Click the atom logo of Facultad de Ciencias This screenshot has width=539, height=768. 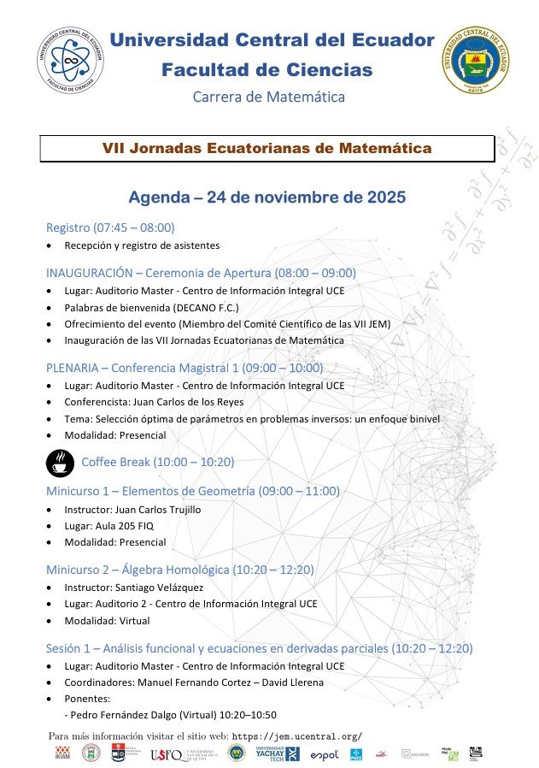pos(69,61)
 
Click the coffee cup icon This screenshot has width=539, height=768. pos(59,463)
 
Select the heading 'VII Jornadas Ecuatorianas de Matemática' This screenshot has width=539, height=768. pos(267,148)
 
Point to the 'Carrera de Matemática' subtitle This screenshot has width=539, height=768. pos(269,97)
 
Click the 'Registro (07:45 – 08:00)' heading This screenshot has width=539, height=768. pos(110,227)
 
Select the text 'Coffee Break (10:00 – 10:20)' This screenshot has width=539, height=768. pos(158,463)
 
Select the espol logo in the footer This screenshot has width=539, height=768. pos(325,754)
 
